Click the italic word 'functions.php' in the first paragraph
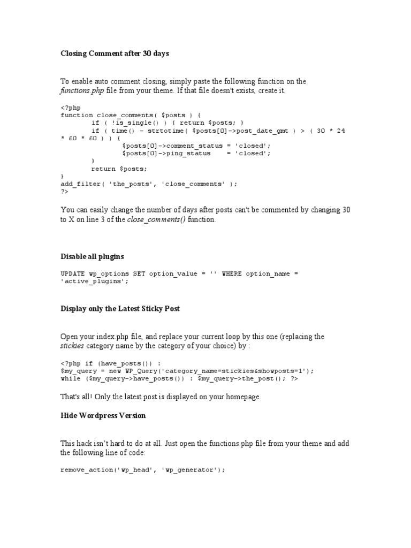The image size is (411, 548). coord(82,91)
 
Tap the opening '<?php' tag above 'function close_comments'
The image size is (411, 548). coord(71,108)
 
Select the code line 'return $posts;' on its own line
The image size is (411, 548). coord(119,169)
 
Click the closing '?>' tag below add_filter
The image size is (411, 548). coord(65,191)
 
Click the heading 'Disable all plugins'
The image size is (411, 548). coord(93,257)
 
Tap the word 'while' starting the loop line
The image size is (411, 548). coord(71,378)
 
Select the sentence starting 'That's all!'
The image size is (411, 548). coord(161,397)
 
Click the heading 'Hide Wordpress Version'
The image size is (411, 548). coord(103,415)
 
